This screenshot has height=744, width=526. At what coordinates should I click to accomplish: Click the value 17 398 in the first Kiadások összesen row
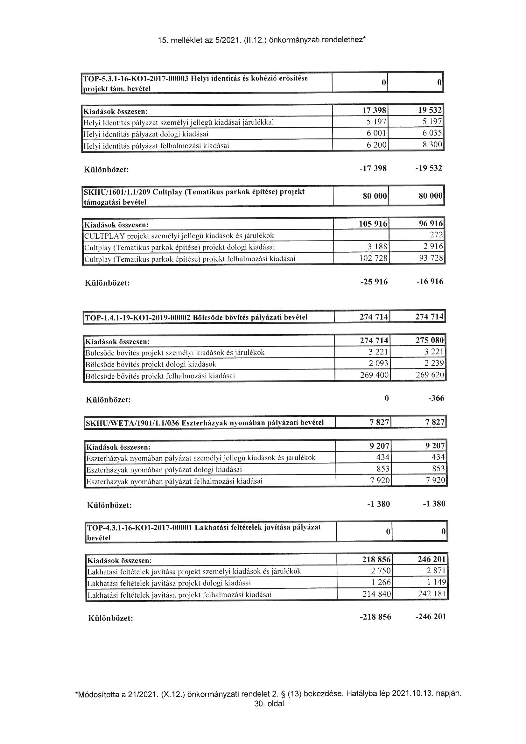coord(374,111)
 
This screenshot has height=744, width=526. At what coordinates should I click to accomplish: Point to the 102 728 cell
coord(373,259)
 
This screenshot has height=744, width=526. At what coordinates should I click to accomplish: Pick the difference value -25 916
coord(374,282)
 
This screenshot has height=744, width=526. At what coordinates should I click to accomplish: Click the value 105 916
coord(373,224)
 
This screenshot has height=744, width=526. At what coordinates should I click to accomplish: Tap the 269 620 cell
coord(430,375)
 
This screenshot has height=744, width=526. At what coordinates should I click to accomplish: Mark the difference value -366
coord(436,398)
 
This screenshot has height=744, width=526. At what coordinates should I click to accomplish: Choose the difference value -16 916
coord(430,282)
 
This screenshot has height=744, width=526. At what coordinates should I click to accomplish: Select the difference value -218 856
coord(375,617)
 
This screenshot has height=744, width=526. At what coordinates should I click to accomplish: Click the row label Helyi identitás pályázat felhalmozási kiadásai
coord(156,146)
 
